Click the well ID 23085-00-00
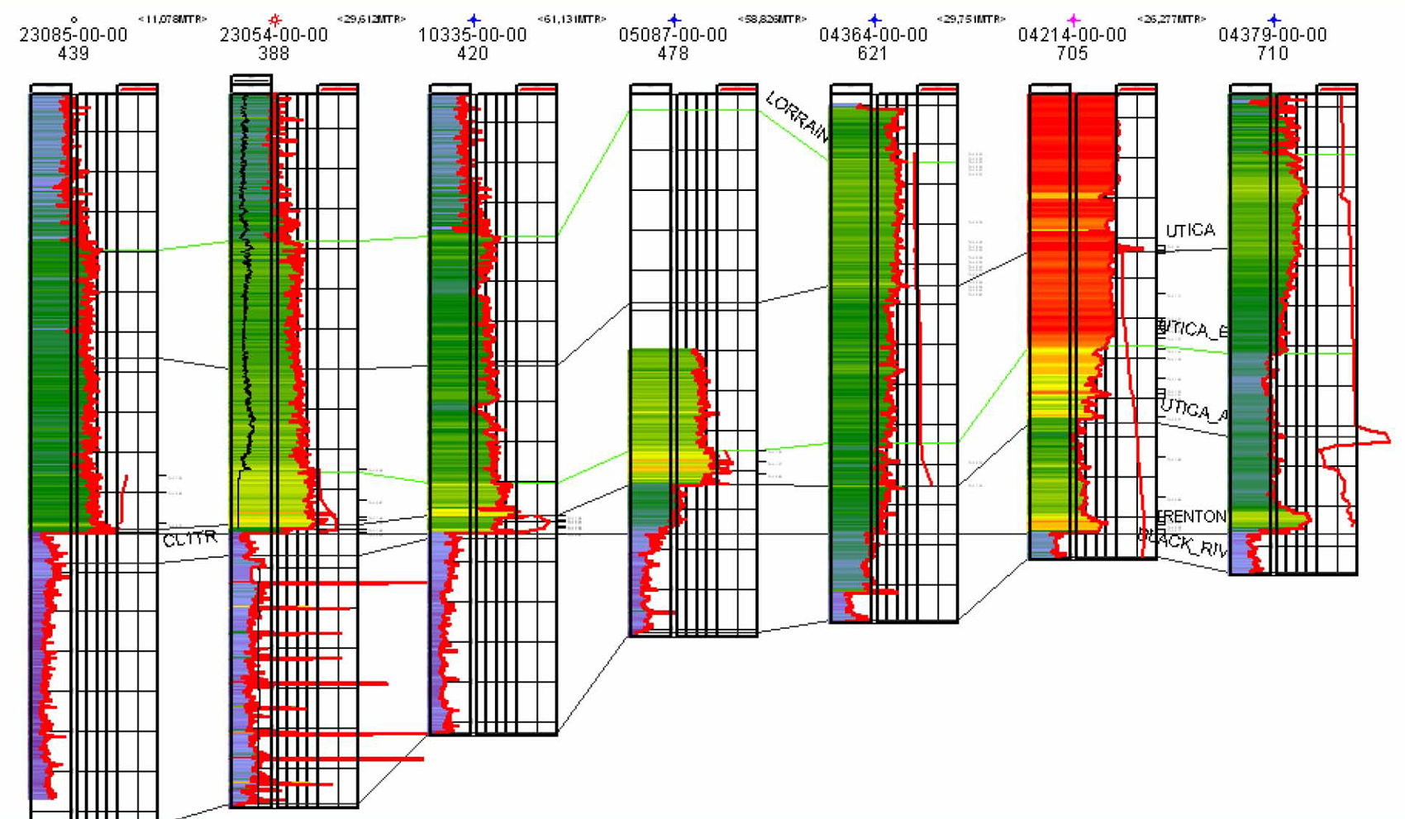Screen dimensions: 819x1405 click(x=74, y=36)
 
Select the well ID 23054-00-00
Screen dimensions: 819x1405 click(x=274, y=36)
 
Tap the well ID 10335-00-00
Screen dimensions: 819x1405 click(x=473, y=36)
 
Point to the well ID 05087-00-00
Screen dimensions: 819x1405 click(x=673, y=36)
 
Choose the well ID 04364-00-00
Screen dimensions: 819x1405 click(x=873, y=36)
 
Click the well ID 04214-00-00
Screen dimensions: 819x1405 click(x=1072, y=36)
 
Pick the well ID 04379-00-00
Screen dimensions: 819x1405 click(x=1273, y=36)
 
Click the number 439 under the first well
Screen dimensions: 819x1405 click(x=74, y=54)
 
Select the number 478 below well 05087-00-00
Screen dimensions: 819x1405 click(x=673, y=54)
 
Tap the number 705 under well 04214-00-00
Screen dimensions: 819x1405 click(x=1072, y=54)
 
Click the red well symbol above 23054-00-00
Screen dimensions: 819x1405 click(x=274, y=19)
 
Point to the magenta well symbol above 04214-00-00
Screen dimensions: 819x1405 click(x=1073, y=19)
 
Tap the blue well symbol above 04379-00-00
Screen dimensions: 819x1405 click(x=1274, y=19)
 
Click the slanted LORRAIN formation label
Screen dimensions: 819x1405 click(x=797, y=117)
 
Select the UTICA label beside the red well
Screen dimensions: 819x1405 click(x=1190, y=231)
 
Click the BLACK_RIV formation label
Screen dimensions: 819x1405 click(x=1184, y=543)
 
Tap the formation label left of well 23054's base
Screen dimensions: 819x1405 click(x=190, y=540)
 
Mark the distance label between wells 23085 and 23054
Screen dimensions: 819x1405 click(x=172, y=19)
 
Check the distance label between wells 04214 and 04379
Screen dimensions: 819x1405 click(x=1171, y=19)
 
